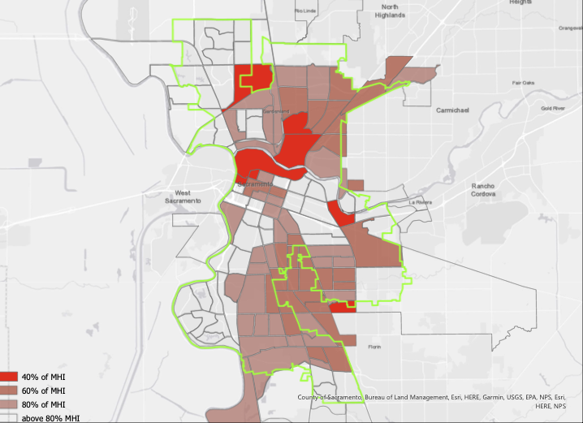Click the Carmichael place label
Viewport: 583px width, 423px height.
[x=452, y=109]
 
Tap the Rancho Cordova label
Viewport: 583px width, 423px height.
[x=489, y=190]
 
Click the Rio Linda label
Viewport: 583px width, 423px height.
[x=305, y=11]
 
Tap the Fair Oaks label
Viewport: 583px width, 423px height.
[x=523, y=83]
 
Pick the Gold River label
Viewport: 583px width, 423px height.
[x=553, y=108]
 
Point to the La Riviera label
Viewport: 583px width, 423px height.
[x=423, y=201]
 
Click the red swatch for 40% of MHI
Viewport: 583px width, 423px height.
[x=9, y=378]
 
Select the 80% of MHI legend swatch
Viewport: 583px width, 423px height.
[x=9, y=404]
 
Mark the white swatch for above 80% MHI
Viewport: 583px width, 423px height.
[x=9, y=417]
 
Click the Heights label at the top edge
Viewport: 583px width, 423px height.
[x=520, y=2]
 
